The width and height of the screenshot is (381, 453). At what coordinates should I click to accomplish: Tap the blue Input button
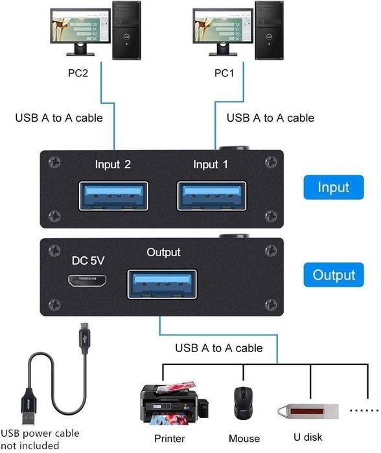[x=333, y=188]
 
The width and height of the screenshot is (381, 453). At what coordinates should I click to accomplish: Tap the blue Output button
[x=334, y=275]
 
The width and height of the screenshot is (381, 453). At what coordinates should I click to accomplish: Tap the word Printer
[x=169, y=439]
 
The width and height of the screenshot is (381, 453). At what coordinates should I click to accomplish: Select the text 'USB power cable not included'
[x=40, y=439]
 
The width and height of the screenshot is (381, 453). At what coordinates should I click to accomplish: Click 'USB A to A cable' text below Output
[x=219, y=348]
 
